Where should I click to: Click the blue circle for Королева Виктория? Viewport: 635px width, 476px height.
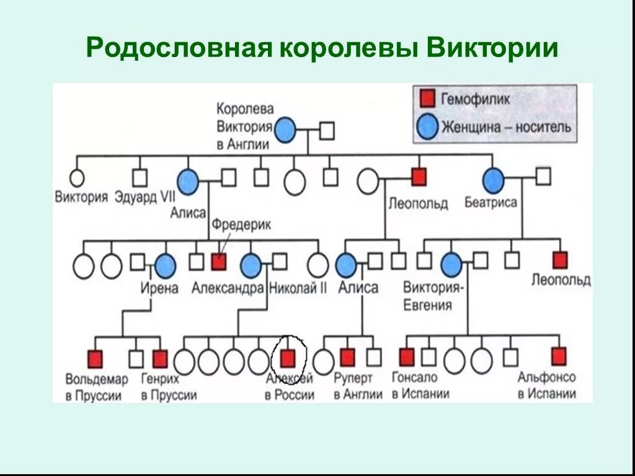285,130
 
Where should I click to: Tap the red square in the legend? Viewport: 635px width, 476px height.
427,98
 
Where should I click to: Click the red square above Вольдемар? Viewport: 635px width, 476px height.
94,358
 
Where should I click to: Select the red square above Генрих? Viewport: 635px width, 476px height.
160,358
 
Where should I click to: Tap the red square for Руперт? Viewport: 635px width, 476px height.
347,357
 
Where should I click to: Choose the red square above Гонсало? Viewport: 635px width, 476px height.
406,357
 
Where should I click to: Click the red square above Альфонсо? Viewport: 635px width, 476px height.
559,356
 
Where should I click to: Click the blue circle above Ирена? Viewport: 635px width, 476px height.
165,266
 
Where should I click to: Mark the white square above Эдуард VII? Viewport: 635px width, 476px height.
140,178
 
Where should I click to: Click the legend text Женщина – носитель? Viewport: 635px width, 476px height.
506,126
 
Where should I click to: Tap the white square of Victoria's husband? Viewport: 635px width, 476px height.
327,131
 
